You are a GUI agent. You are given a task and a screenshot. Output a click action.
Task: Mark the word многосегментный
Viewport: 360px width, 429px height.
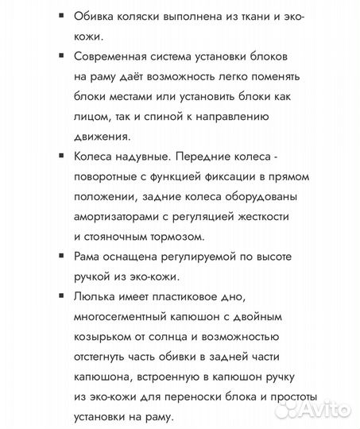[x=124, y=317]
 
